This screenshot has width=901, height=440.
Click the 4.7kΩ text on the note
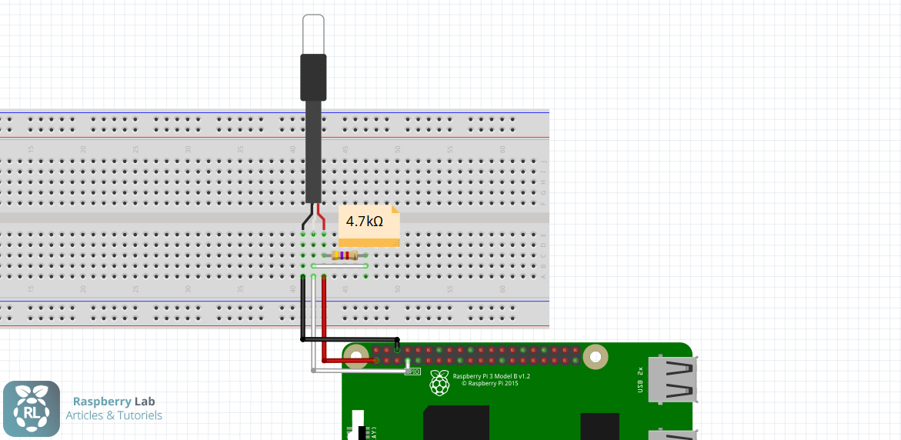click(364, 222)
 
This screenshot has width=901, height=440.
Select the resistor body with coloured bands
click(345, 255)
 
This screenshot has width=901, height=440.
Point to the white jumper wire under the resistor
click(339, 266)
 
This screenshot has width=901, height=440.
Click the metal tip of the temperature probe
click(314, 34)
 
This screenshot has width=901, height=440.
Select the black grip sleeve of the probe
click(314, 77)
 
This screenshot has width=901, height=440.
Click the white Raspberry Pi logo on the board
click(439, 382)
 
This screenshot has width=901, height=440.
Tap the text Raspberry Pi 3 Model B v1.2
click(492, 376)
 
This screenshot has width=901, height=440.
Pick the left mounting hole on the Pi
click(356, 355)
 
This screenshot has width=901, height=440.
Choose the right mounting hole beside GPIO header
click(595, 356)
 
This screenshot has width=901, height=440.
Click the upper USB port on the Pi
click(672, 380)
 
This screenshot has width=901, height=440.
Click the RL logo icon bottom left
click(32, 409)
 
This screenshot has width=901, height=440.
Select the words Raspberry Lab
click(114, 401)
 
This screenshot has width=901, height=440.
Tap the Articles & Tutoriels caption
click(114, 415)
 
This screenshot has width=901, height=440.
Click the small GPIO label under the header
click(413, 371)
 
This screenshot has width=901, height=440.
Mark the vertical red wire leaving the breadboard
click(324, 315)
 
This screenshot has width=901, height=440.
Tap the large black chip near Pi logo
click(456, 422)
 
